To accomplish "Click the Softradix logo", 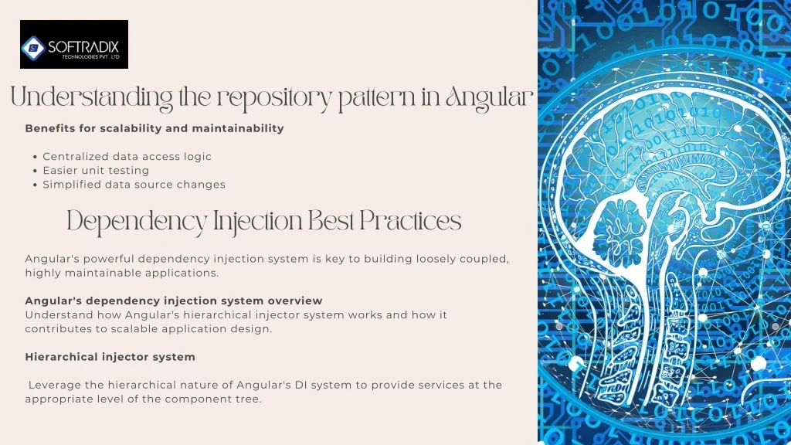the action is [x=74, y=44].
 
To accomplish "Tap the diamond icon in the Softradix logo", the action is [x=34, y=48].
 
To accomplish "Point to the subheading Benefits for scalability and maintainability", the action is [x=154, y=128].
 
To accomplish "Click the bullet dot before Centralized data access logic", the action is [x=35, y=157].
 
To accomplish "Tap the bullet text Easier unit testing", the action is [x=96, y=171].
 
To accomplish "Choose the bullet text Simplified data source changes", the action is [x=134, y=185].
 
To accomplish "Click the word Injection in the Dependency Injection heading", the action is [x=257, y=222].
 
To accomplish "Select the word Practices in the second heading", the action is [x=410, y=221].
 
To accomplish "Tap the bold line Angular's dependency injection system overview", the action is [x=174, y=301].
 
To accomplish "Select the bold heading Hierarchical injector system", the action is [x=110, y=357].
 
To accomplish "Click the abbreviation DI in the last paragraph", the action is [x=301, y=385].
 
